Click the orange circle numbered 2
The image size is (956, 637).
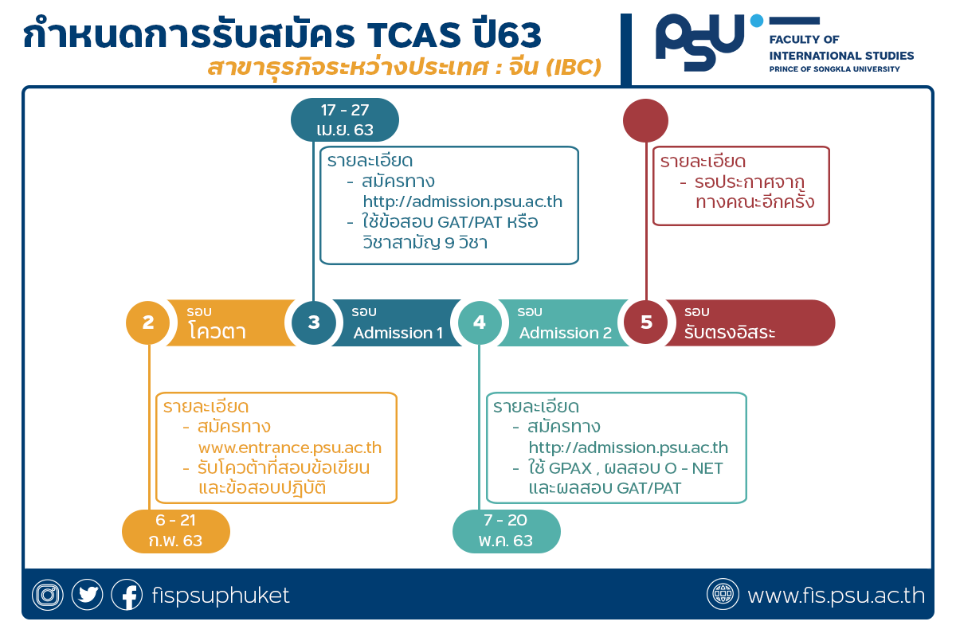tap(147, 322)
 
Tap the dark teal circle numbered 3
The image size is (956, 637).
tap(314, 322)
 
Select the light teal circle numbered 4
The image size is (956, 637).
tap(480, 322)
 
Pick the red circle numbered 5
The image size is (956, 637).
tap(646, 322)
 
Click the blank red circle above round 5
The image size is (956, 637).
tap(645, 121)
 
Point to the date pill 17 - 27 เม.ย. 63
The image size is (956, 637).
tap(345, 120)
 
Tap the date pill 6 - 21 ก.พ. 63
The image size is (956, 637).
tap(176, 531)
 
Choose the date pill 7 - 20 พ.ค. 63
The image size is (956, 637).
tap(506, 531)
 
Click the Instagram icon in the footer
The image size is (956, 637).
tap(48, 594)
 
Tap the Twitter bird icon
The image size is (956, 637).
tap(87, 594)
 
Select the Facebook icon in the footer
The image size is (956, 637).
tap(127, 594)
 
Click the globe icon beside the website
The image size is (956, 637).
tap(723, 594)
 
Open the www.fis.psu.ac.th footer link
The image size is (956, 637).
tap(836, 595)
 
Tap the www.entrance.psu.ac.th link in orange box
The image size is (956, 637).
tap(290, 447)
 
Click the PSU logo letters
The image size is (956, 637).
tap(700, 42)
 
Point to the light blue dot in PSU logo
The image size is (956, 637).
tap(757, 21)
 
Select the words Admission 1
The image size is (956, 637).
tap(398, 333)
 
